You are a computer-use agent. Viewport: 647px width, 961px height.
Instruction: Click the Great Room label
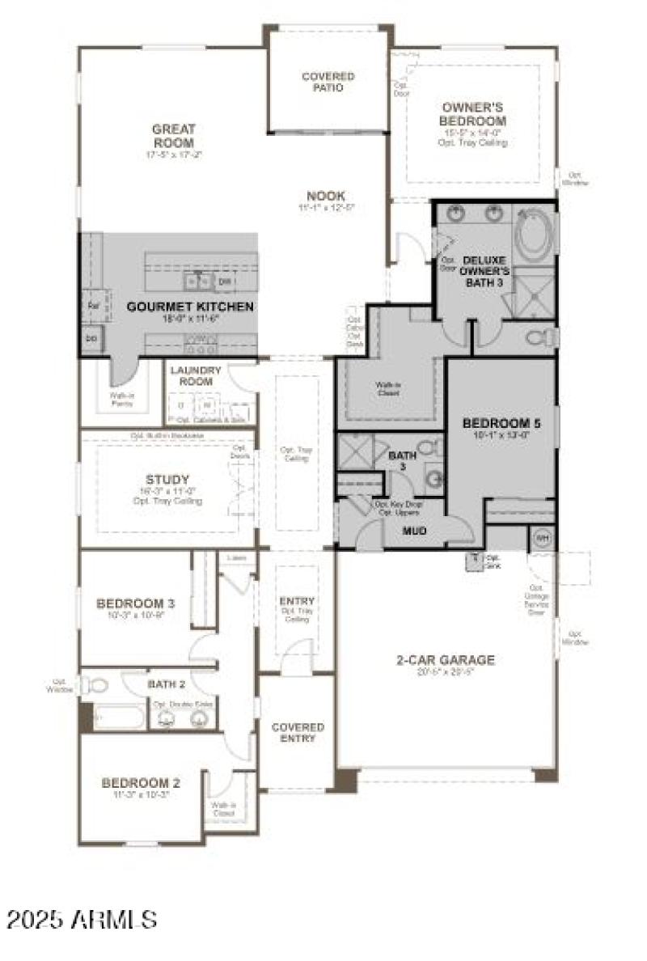173,135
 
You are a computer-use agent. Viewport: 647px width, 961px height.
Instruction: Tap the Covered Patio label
328,82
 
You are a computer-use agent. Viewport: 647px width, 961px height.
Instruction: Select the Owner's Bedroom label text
473,114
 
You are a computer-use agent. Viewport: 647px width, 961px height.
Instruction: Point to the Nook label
326,196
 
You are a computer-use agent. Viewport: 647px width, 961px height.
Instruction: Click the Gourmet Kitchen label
190,307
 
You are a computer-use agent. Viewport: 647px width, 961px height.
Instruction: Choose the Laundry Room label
195,376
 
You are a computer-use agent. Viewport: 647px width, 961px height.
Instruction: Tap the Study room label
167,479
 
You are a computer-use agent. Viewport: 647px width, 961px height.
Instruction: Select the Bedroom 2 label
140,782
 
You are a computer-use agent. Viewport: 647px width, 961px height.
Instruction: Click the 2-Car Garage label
445,660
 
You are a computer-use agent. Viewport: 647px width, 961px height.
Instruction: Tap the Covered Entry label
297,733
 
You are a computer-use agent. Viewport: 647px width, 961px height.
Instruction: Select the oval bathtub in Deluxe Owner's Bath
535,234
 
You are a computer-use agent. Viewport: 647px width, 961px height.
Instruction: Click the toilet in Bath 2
97,686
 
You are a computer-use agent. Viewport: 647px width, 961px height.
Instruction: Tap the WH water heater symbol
541,537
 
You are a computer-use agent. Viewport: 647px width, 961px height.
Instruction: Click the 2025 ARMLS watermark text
82,920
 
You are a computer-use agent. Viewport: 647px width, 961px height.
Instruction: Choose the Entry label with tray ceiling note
297,606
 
